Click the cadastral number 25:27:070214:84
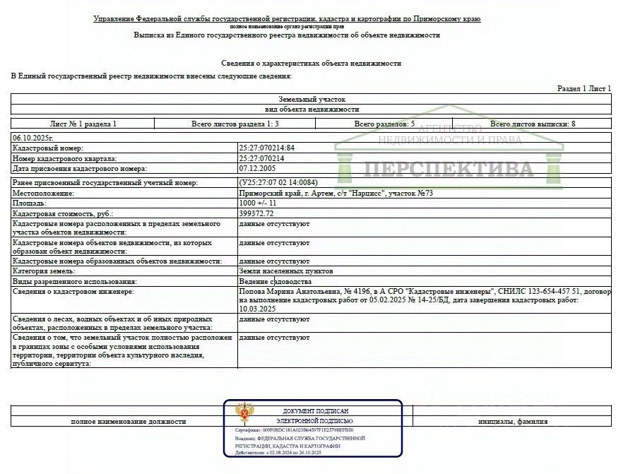(x=267, y=148)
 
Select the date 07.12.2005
(x=257, y=169)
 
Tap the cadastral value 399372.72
(x=256, y=213)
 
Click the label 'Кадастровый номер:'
(x=48, y=148)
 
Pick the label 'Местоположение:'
(x=43, y=193)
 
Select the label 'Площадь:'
(x=30, y=203)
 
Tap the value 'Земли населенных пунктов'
(x=286, y=271)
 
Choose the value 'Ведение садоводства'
(x=275, y=281)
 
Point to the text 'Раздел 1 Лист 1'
(x=584, y=88)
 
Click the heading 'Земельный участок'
(x=312, y=100)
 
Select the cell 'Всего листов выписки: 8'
(x=533, y=124)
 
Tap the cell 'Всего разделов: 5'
(x=385, y=124)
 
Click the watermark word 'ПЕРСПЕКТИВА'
(x=449, y=170)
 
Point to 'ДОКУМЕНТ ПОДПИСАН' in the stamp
(x=315, y=411)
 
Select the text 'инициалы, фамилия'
(x=512, y=422)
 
